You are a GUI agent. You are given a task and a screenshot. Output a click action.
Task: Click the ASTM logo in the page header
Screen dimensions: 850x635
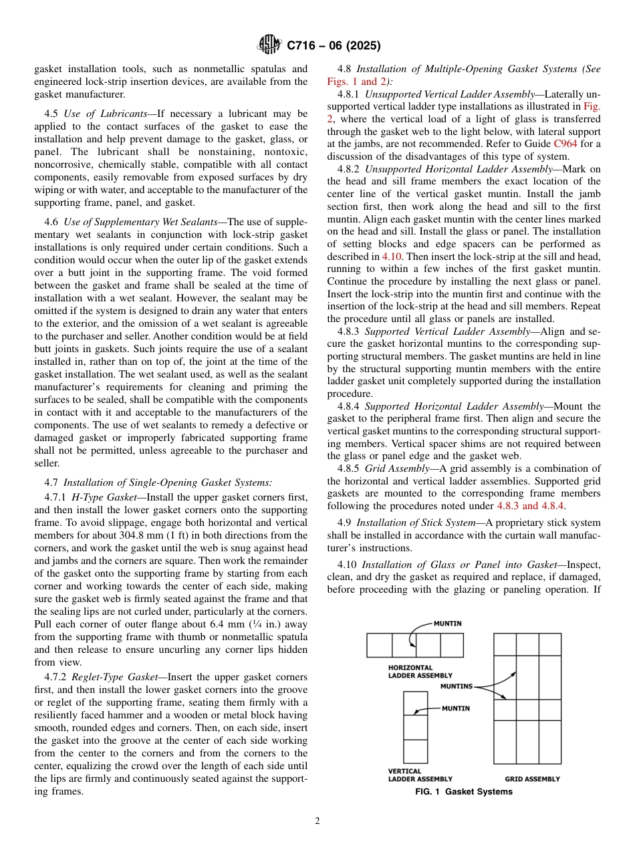click(269, 45)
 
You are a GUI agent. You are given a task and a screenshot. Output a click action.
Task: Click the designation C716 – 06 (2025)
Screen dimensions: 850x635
click(334, 46)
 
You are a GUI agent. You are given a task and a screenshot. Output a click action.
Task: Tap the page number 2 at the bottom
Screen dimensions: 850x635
click(317, 821)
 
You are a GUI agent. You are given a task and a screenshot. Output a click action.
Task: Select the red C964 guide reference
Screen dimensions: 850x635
click(565, 144)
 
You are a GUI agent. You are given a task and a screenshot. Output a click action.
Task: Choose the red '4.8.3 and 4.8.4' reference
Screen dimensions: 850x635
click(531, 507)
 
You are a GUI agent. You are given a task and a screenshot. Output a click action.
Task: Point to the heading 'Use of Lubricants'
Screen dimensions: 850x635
click(105, 114)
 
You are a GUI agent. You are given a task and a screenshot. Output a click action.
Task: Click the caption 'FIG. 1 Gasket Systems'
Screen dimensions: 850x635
click(463, 792)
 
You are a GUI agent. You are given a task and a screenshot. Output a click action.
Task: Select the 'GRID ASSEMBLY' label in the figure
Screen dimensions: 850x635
click(532, 778)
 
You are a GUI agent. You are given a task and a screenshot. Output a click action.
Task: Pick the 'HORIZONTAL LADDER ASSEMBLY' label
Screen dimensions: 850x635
click(420, 671)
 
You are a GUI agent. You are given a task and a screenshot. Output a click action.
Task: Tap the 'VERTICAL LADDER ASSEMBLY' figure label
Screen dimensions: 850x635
click(420, 774)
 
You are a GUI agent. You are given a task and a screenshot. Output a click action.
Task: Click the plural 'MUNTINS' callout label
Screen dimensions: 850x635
click(456, 686)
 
